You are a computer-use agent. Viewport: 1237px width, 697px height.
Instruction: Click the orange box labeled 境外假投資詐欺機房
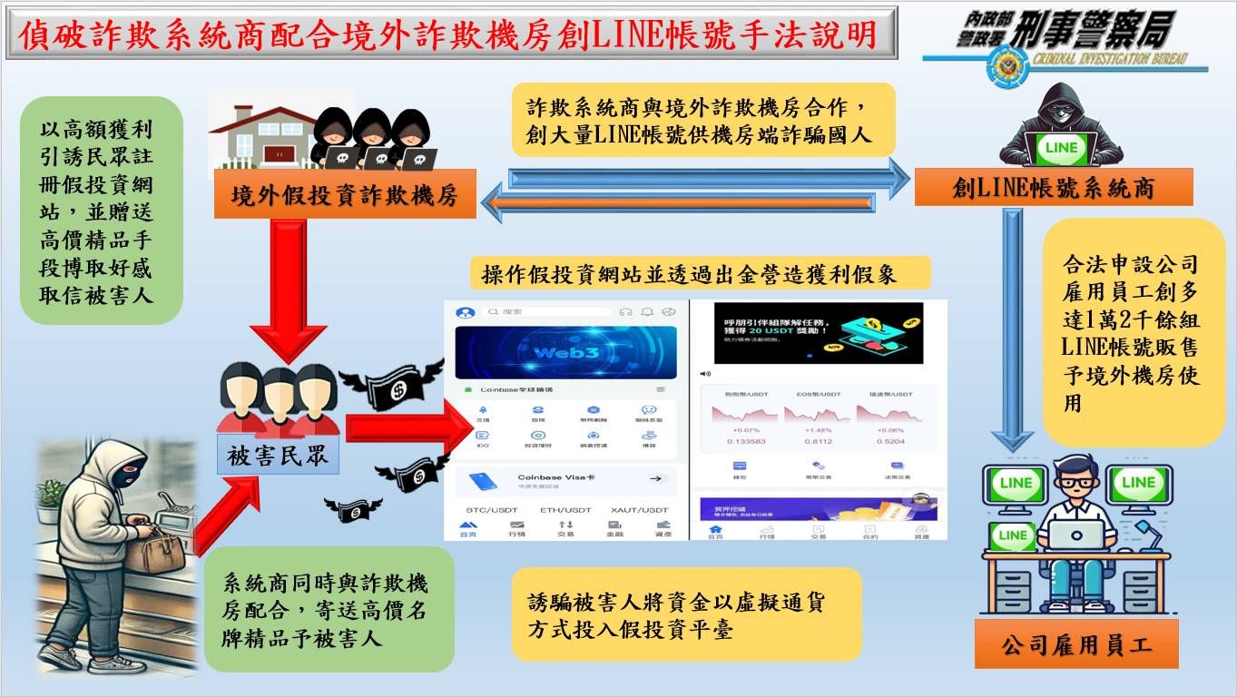coord(345,193)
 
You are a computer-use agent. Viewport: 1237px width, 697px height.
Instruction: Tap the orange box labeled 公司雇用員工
coord(1076,645)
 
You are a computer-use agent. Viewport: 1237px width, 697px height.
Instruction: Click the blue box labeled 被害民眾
coord(278,456)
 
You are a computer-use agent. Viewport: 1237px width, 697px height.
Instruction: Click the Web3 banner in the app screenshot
coord(565,352)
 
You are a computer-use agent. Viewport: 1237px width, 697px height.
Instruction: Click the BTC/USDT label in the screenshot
coord(491,510)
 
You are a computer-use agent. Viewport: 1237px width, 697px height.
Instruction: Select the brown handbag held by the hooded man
coord(154,549)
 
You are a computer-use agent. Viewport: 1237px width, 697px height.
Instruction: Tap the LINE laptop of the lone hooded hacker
coord(1061,149)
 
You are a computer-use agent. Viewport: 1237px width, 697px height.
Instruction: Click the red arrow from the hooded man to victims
coord(227,513)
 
